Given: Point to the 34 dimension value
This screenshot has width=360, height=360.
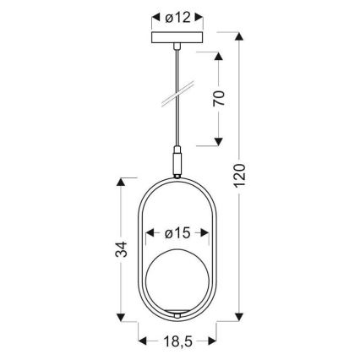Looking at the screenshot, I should click(x=120, y=249).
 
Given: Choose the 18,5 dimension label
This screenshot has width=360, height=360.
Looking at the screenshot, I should click(x=177, y=341).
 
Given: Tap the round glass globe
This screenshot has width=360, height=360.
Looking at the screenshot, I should click(x=178, y=278).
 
